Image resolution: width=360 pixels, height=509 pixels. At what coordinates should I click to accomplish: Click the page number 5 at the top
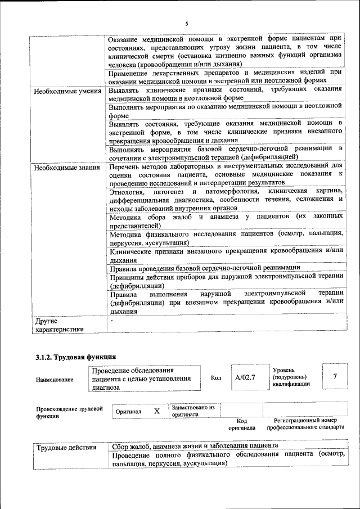(x=186, y=23)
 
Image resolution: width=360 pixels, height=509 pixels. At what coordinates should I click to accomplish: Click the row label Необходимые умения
(x=67, y=91)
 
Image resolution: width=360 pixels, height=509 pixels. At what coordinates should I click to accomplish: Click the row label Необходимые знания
(x=67, y=168)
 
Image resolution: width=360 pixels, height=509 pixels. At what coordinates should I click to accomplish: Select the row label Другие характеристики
(x=59, y=325)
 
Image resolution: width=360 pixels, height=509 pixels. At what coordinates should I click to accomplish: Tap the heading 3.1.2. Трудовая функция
(x=76, y=357)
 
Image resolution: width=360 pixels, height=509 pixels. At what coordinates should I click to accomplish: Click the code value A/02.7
(x=245, y=377)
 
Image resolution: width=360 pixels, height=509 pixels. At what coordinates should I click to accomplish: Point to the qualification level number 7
(x=335, y=377)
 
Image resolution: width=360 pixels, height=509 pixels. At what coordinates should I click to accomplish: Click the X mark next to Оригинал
(x=157, y=411)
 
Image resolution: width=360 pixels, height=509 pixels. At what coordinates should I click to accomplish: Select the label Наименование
(x=55, y=380)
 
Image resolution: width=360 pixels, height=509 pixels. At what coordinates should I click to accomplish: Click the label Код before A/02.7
(x=216, y=377)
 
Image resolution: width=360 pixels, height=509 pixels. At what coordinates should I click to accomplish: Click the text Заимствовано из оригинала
(x=193, y=411)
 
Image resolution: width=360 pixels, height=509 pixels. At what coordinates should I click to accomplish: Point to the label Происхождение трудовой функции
(x=70, y=413)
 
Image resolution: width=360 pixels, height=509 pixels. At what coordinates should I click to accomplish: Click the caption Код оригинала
(x=242, y=424)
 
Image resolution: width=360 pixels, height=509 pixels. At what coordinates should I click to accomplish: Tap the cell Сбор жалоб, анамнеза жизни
(x=194, y=448)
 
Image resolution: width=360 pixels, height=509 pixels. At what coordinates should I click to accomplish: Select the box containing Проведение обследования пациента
(x=145, y=379)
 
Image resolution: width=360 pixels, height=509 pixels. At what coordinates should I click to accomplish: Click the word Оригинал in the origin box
(x=128, y=412)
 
